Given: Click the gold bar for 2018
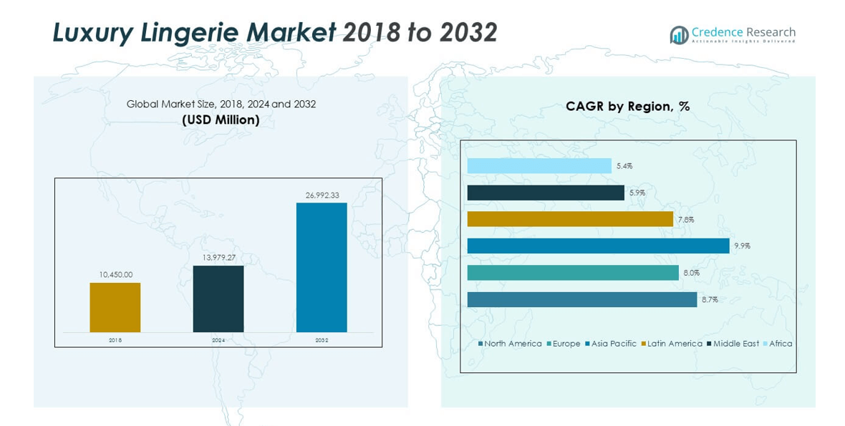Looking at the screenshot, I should click(x=115, y=307).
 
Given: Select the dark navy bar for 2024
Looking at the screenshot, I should click(x=218, y=299).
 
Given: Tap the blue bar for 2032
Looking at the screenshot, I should click(x=322, y=267).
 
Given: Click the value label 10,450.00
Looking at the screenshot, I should click(x=115, y=274).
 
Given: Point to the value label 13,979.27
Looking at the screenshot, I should click(x=218, y=257).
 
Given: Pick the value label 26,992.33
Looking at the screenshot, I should click(x=322, y=194).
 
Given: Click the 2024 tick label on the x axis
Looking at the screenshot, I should click(x=218, y=340).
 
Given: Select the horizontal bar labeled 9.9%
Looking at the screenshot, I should click(x=598, y=246).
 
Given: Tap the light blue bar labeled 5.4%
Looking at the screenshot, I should click(x=539, y=166).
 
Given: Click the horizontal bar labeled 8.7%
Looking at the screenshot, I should click(x=581, y=299).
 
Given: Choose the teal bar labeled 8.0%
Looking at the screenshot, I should click(x=573, y=273).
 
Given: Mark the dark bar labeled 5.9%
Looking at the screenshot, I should click(x=546, y=193).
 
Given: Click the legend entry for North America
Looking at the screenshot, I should click(x=510, y=344).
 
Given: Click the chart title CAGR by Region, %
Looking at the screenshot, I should click(x=627, y=107).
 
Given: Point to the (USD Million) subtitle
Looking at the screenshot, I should click(x=221, y=120).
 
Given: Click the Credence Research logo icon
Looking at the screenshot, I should click(x=678, y=35).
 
